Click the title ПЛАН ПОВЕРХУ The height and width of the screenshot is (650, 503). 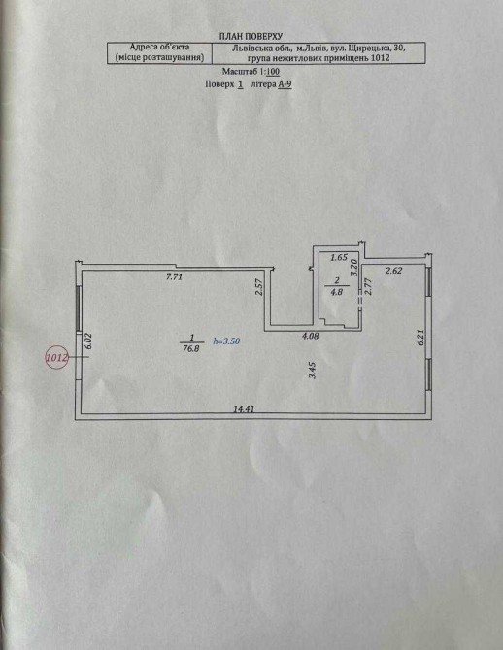coord(251,37)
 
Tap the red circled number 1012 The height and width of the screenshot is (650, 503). coord(56,357)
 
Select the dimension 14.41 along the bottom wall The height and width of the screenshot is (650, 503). coord(244,409)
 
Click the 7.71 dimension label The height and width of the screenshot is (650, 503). coord(174,277)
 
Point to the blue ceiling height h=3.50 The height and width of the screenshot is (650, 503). coord(226,341)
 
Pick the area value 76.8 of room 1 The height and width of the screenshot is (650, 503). coord(191,348)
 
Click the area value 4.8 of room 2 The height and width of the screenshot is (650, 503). coord(336,291)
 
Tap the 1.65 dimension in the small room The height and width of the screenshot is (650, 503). coord(339,257)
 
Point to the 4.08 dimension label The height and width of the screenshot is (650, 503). coord(310,337)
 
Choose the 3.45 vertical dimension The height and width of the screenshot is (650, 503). coord(314,371)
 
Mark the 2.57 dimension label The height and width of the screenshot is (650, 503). coord(259,286)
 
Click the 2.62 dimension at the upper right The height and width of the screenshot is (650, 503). coord(393,271)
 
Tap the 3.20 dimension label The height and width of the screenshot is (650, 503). coord(354,268)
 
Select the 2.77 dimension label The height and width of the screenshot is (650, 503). coord(367,286)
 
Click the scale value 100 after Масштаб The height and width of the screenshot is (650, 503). coord(273,71)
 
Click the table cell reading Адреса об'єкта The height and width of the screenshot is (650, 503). coord(159,48)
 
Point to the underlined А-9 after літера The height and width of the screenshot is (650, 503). coord(285,84)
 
